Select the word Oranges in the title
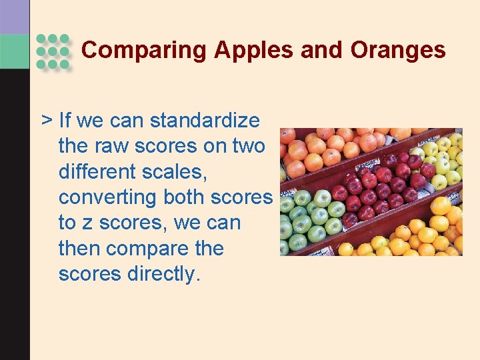(x=398, y=50)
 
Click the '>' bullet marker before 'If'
(x=47, y=121)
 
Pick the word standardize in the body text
(x=205, y=121)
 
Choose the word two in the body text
(x=249, y=146)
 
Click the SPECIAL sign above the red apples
(x=367, y=164)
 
